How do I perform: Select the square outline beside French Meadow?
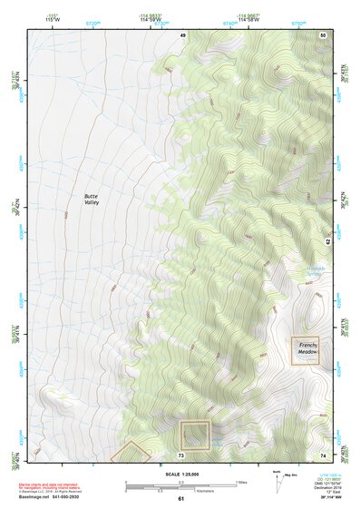point(305,351)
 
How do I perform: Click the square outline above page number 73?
point(195,435)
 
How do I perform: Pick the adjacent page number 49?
point(183,35)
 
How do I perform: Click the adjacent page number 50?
point(323,35)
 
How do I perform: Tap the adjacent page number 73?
point(181,455)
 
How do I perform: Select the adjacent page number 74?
point(323,455)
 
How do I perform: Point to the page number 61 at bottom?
point(180,499)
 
